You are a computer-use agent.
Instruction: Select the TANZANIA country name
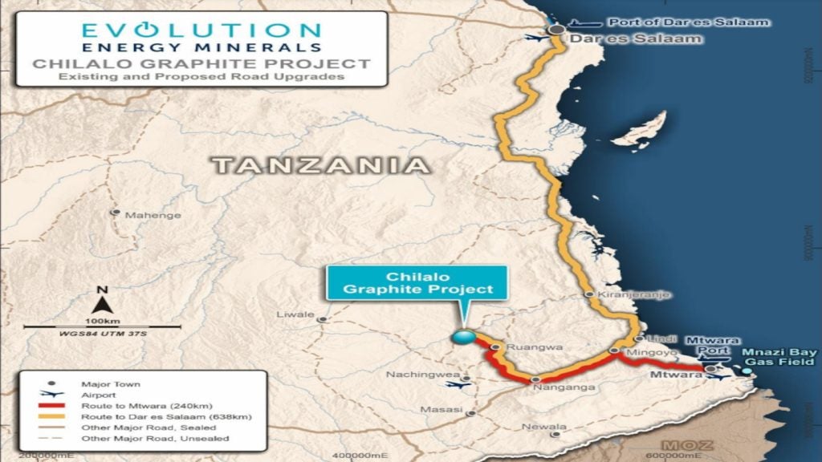320,166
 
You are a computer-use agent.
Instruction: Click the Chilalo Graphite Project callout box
416,282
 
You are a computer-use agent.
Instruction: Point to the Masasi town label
445,410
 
